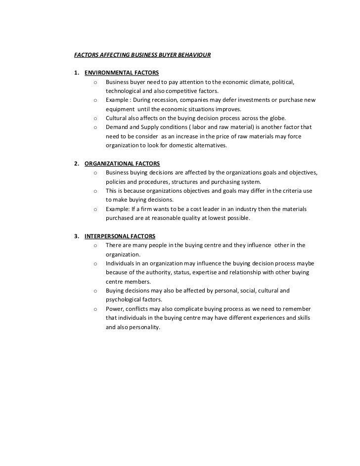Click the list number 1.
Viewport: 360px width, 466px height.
[x=76, y=73]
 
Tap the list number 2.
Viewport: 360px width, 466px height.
[x=76, y=163]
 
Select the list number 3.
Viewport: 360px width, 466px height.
[x=76, y=236]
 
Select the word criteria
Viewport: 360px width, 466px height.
[x=287, y=191]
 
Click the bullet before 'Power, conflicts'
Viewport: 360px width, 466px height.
[x=94, y=309]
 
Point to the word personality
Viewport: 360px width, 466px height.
[x=143, y=327]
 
